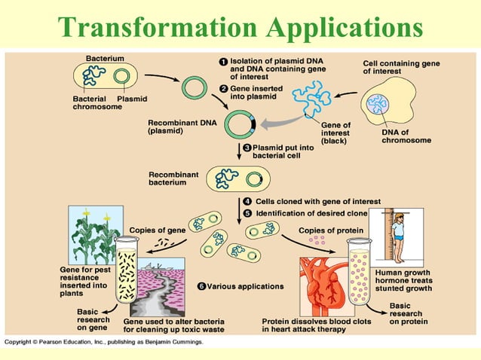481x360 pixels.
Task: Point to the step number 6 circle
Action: [x=201, y=286]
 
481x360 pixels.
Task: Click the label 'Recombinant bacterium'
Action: [x=173, y=179]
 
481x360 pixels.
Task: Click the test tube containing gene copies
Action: [x=126, y=272]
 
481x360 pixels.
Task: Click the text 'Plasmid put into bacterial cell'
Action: [x=280, y=153]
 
